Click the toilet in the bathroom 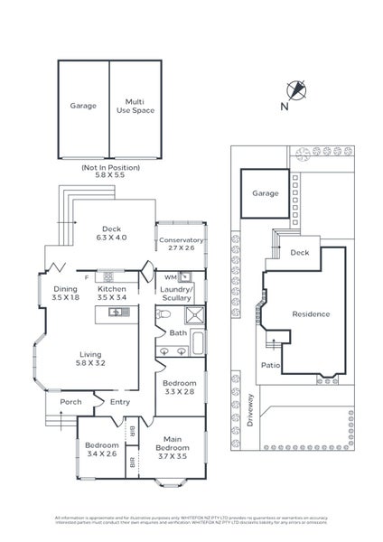163,314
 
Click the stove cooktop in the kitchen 107,276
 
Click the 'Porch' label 70,402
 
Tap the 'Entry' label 120,402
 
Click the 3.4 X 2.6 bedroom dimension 101,453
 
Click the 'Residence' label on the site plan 310,313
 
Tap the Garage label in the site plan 265,193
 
